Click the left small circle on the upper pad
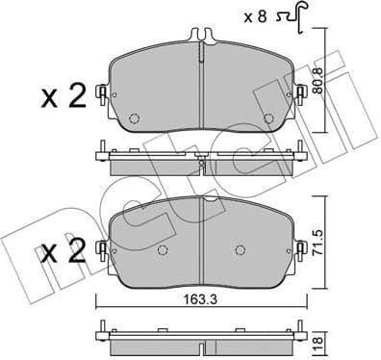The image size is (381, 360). tap(136, 119)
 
